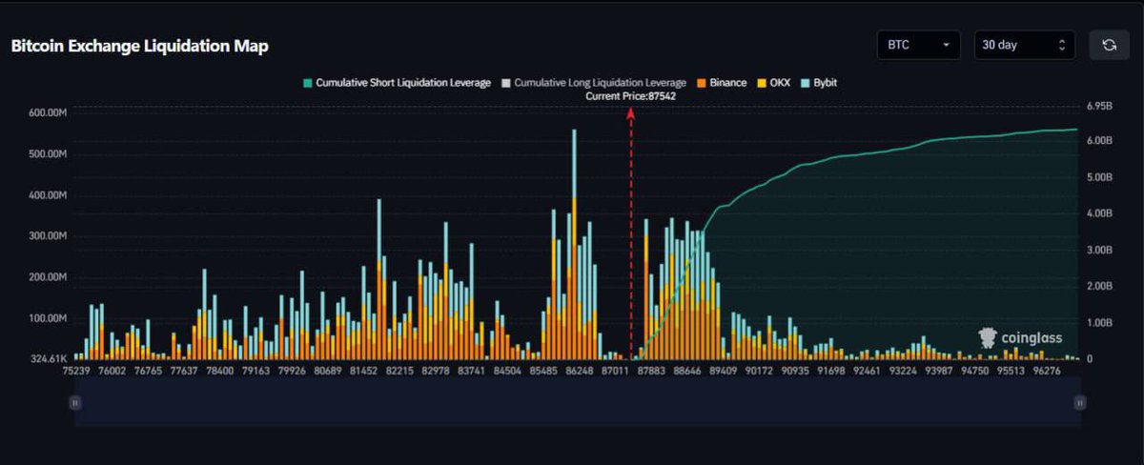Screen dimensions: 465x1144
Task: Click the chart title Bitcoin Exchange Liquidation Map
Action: (139, 46)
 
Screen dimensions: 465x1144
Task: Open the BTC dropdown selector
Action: (918, 45)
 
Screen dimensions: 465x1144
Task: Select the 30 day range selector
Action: (1024, 45)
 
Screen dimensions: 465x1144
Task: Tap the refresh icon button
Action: (1109, 45)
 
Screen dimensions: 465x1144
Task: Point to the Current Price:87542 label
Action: (630, 96)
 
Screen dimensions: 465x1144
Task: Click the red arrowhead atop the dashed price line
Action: (630, 112)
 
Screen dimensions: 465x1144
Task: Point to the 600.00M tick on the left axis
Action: (48, 113)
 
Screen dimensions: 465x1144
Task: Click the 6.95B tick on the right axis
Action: (1099, 106)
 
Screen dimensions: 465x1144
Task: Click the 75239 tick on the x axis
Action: (78, 371)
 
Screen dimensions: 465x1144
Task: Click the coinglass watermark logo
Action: (1020, 337)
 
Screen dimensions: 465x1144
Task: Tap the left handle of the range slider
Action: (74, 403)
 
